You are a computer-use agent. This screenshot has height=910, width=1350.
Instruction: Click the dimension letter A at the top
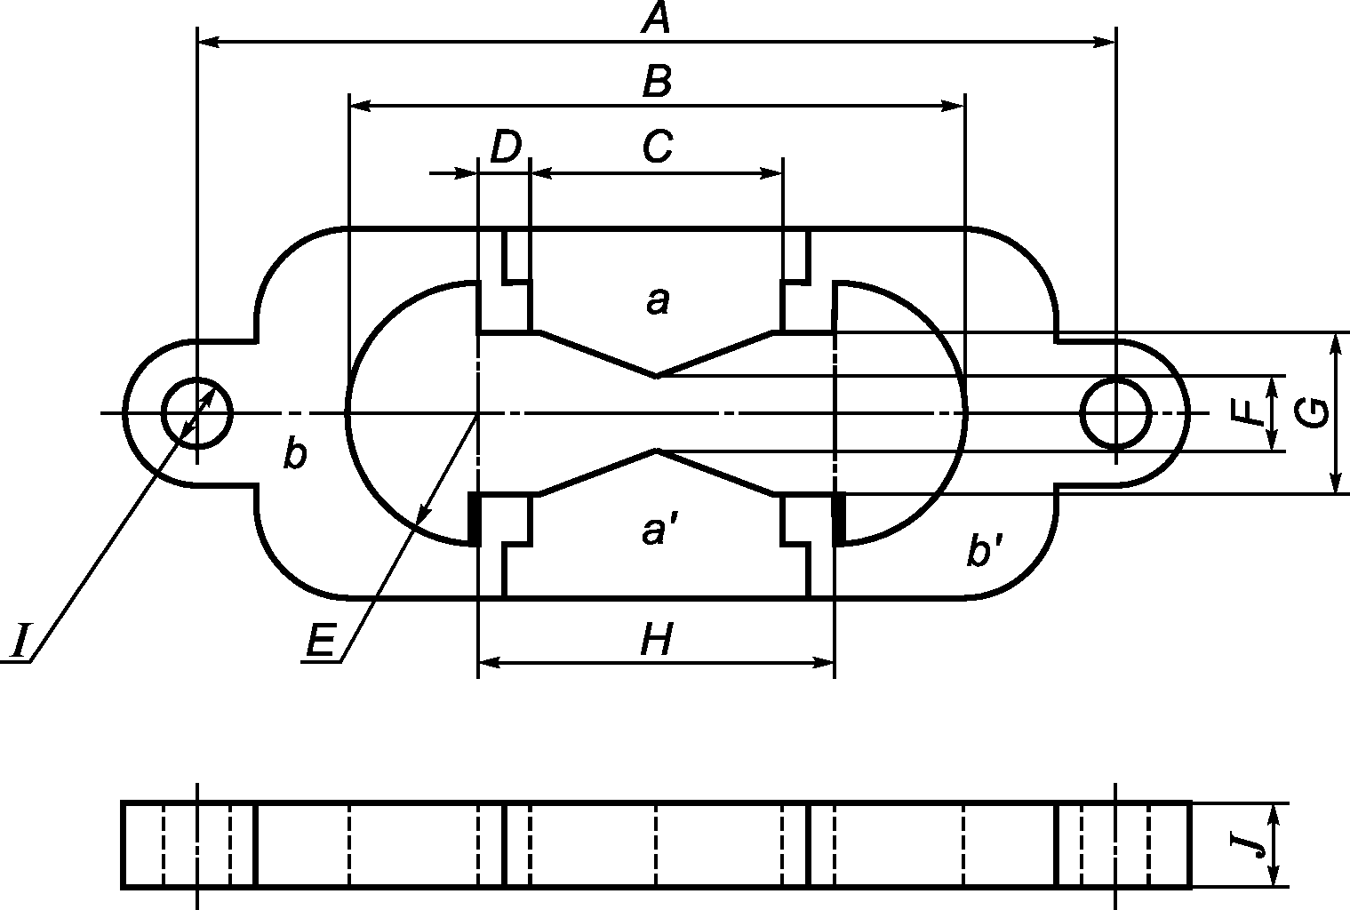pos(656,18)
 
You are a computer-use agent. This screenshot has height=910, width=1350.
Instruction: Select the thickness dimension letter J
pos(1253,843)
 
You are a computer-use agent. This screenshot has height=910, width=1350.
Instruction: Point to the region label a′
pos(659,531)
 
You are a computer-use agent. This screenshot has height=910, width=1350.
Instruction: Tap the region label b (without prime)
pos(294,454)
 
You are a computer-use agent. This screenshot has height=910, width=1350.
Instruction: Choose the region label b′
pos(984,553)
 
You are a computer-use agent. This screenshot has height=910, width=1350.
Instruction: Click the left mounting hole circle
pos(196,412)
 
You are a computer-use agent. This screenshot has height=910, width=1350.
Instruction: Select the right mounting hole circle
pos(1115,412)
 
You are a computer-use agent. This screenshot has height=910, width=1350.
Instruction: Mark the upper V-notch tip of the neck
pos(656,376)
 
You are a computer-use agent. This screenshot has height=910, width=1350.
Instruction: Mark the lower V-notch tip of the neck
pos(656,451)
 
